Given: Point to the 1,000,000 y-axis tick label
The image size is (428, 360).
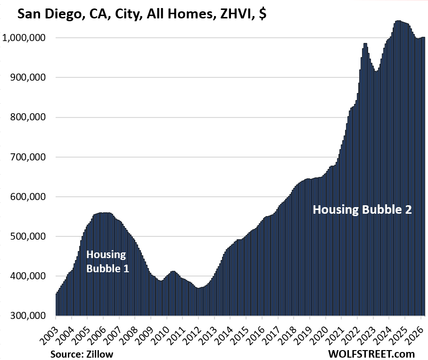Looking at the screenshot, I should (26, 38).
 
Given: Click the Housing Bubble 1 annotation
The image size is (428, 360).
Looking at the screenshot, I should (106, 262).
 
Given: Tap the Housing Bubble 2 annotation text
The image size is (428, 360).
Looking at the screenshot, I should (362, 209).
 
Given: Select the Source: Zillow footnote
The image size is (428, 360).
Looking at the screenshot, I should (81, 353).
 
